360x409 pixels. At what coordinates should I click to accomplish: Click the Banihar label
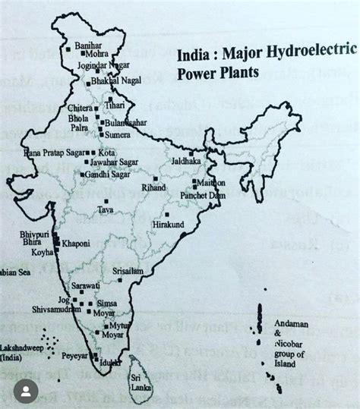(88, 46)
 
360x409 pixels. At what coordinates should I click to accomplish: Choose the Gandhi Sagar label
(107, 174)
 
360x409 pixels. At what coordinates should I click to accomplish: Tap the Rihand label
(153, 187)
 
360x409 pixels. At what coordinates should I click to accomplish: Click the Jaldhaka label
(187, 162)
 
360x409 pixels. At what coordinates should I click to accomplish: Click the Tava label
(106, 210)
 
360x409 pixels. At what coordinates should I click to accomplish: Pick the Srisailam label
(128, 270)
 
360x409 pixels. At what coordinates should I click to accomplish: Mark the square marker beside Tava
(106, 201)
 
